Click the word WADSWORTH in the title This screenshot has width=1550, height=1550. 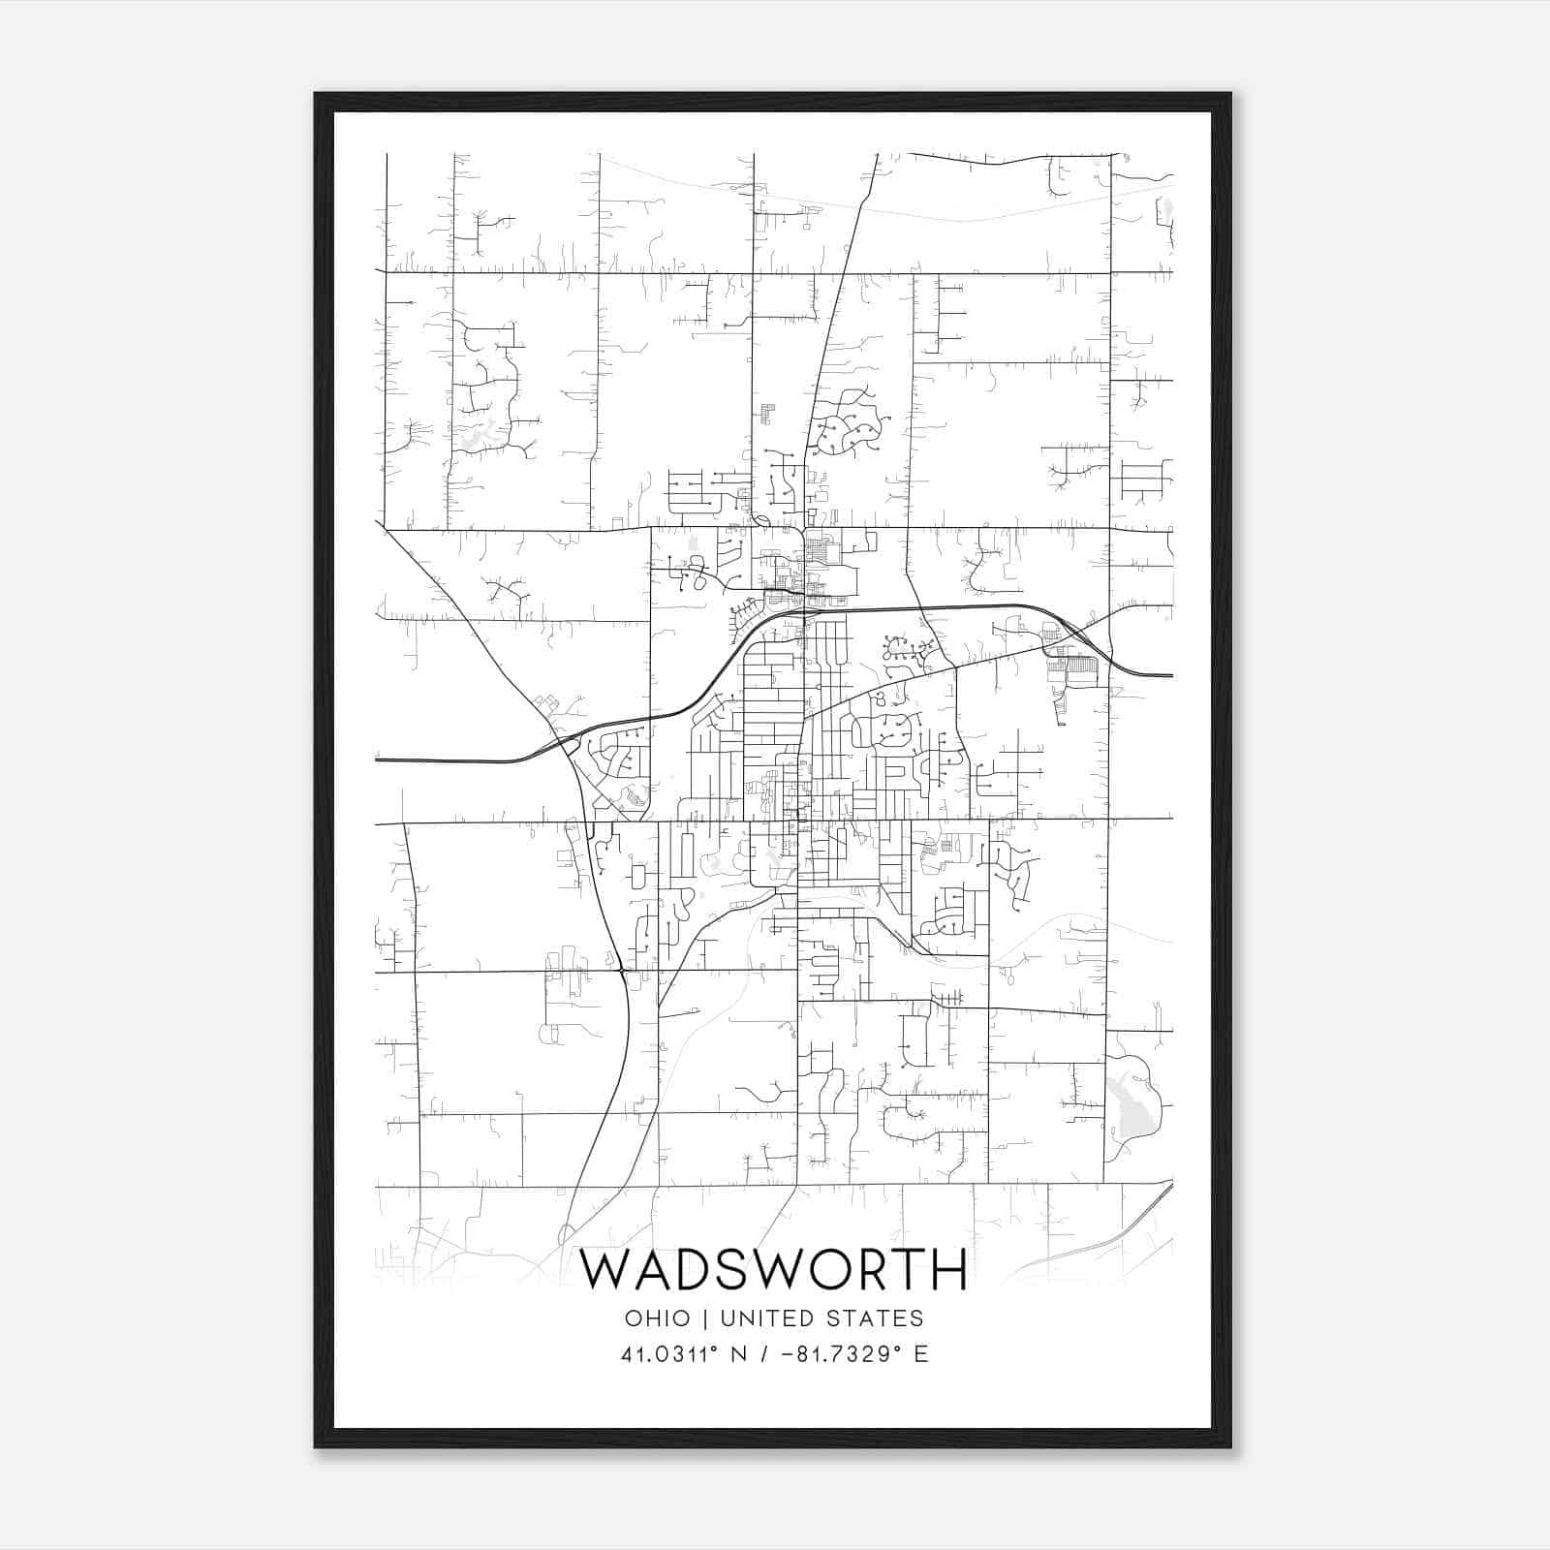point(773,1270)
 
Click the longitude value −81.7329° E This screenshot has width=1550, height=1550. point(848,1354)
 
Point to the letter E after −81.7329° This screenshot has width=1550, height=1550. point(921,1354)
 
